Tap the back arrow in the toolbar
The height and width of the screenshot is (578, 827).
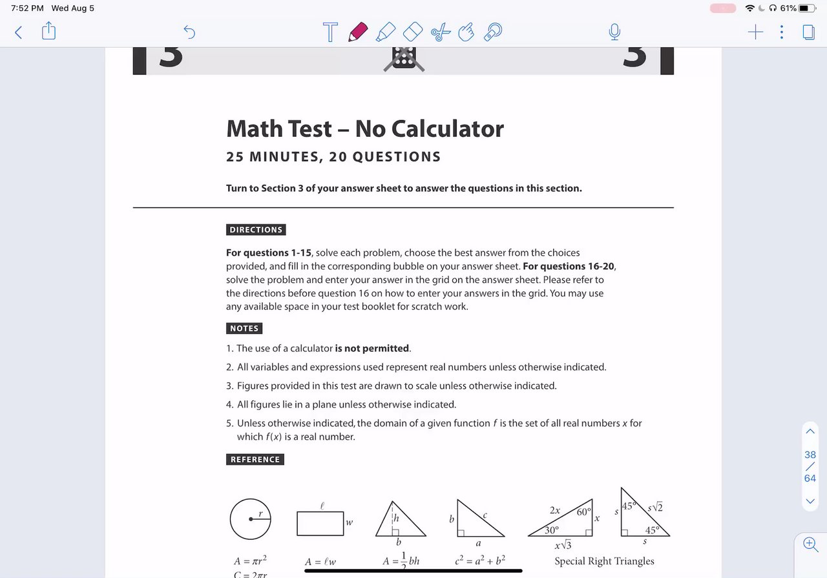click(x=18, y=32)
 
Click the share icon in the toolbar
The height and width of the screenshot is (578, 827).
click(x=49, y=31)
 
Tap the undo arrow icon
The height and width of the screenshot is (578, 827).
click(x=189, y=32)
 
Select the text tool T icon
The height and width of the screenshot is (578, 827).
click(x=330, y=32)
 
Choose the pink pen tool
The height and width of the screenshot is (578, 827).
click(x=357, y=32)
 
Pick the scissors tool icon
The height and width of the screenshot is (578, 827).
click(x=440, y=32)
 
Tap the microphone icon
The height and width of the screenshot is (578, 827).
click(x=614, y=32)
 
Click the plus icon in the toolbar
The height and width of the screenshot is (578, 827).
click(x=755, y=32)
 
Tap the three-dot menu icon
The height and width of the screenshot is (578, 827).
click(x=782, y=32)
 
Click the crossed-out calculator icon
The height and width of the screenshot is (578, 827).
click(x=404, y=59)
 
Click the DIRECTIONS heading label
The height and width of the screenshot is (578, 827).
click(x=256, y=230)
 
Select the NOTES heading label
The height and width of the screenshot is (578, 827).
click(x=244, y=329)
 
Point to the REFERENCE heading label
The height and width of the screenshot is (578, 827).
click(x=255, y=460)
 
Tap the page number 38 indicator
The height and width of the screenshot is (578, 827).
click(x=810, y=455)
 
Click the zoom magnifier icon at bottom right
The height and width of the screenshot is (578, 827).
click(x=810, y=544)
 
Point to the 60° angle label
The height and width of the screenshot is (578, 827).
click(x=584, y=512)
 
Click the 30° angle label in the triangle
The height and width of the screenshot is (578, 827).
click(x=551, y=530)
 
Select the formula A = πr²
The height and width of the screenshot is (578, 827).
click(x=250, y=561)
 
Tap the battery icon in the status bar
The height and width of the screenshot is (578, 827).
click(x=808, y=8)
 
